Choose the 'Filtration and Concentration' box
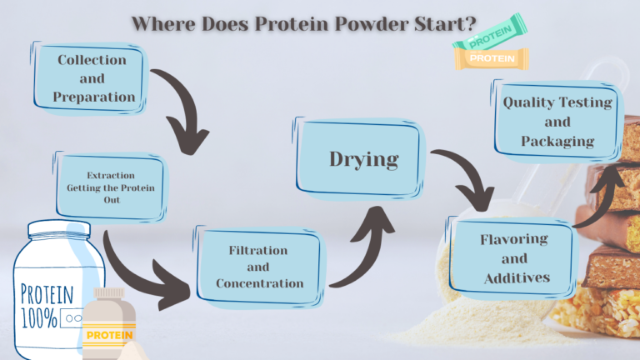coord(259,267)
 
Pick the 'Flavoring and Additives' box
coord(514,258)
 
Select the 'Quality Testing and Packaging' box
coord(557,122)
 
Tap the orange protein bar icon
coord(492,58)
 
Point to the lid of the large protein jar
coord(53,232)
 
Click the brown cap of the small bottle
coord(108,297)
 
